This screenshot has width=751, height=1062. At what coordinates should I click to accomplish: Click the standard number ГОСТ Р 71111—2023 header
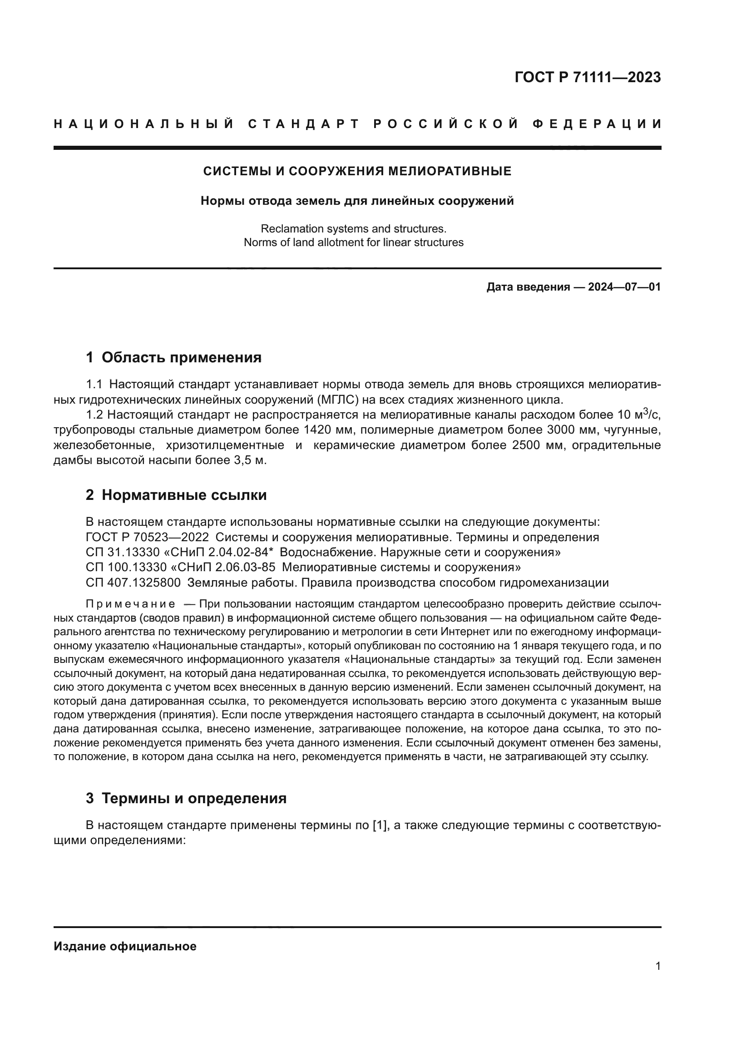coord(587,77)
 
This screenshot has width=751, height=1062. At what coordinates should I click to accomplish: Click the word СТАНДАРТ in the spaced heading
coord(304,124)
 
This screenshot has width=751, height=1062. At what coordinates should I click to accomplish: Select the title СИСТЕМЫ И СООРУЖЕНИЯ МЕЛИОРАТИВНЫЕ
coord(357,171)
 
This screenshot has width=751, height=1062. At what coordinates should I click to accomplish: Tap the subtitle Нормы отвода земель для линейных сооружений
coord(357,201)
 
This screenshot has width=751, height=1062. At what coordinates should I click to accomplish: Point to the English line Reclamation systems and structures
coord(353,228)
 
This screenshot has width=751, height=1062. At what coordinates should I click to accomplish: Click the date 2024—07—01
coord(624,287)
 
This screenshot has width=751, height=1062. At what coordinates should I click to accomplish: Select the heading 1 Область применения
coord(173,357)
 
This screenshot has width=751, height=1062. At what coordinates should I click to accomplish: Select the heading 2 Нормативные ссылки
coord(176,495)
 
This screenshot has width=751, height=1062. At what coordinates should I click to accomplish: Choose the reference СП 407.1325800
coord(133,583)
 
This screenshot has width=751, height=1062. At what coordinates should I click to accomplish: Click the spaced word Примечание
coord(130,604)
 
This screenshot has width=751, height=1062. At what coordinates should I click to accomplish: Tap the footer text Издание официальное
coord(125,946)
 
